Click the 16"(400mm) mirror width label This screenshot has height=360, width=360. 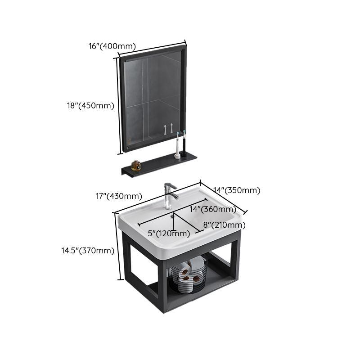point(112,45)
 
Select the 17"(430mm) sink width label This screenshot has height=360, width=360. point(118,196)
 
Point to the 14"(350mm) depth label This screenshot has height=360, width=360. point(238,190)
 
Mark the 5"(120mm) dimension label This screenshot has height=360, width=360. point(169,233)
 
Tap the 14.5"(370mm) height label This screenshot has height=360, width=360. point(87,251)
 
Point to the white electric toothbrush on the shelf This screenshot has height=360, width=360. point(178,145)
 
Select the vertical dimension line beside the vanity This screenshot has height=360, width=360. point(120,246)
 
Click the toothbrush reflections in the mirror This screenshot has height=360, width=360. point(168,130)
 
